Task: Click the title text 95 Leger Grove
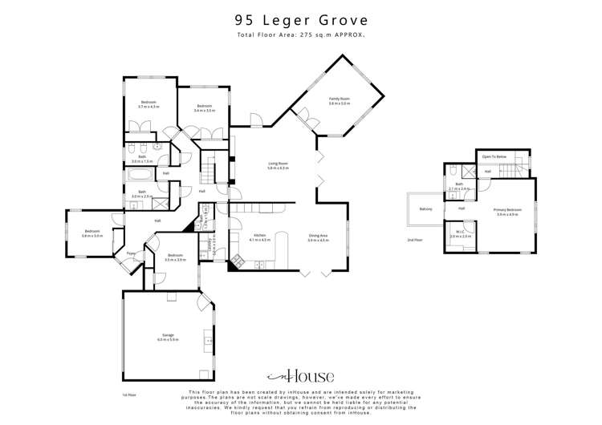301,21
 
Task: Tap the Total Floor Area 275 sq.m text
301,36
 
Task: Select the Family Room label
339,100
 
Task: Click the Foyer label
130,254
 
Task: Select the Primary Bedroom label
508,211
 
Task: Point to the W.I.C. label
461,234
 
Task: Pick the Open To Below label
494,157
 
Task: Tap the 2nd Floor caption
415,240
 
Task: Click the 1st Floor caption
129,395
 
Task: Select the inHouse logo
300,376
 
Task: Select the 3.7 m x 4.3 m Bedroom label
149,104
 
